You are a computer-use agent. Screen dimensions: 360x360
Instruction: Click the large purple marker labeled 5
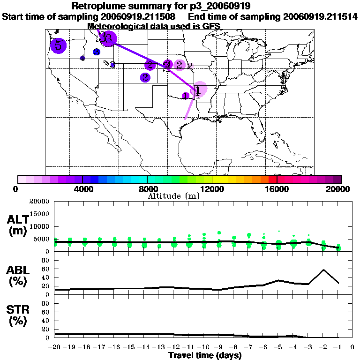point(58,45)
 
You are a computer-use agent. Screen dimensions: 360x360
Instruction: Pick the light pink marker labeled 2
point(180,65)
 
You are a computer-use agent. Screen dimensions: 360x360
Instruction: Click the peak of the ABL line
point(323,270)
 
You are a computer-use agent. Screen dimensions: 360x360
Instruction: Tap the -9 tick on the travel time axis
point(219,347)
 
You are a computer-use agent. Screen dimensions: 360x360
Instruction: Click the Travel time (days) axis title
point(205,355)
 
